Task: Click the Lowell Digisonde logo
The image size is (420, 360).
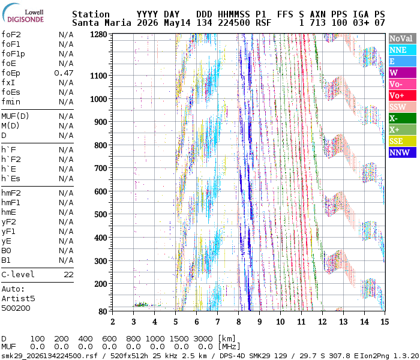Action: click(23, 13)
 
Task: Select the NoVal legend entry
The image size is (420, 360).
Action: click(403, 38)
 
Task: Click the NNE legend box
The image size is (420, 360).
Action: click(403, 50)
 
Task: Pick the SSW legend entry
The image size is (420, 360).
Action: click(403, 107)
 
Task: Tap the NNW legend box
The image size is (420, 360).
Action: click(403, 152)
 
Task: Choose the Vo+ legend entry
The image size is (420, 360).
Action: click(403, 95)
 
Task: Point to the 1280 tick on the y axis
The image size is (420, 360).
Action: click(98, 35)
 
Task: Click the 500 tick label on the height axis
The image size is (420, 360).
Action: click(100, 214)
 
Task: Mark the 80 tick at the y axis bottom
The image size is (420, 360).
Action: click(103, 311)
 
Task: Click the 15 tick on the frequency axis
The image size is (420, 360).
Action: click(385, 322)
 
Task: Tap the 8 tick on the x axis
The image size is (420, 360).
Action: click(238, 322)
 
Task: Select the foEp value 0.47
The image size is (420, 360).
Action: click(64, 73)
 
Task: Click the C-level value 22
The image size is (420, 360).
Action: click(68, 275)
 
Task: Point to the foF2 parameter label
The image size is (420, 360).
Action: click(11, 35)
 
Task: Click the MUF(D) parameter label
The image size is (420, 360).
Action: click(15, 116)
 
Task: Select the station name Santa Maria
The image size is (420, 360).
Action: click(101, 23)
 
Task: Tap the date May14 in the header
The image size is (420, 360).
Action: click(177, 23)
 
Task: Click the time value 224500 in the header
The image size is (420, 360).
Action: click(234, 23)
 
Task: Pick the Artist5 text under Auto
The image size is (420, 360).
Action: click(18, 298)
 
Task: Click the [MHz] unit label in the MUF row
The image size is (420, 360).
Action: click(229, 347)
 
